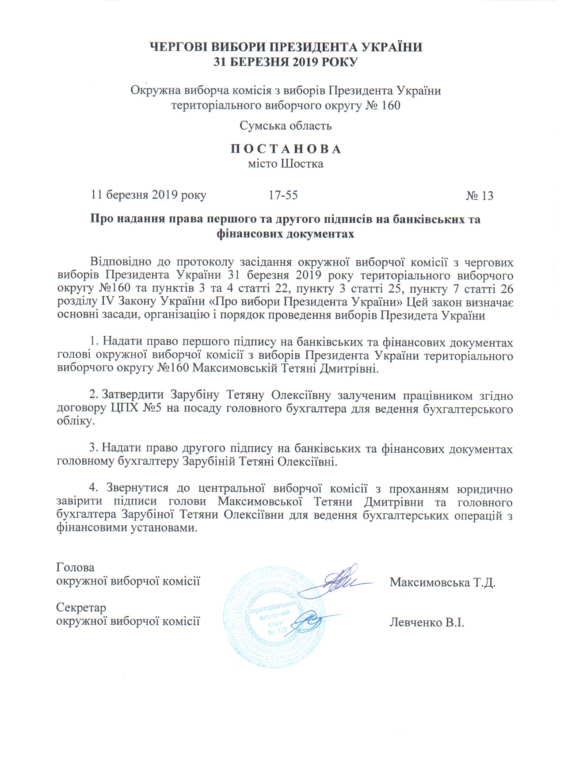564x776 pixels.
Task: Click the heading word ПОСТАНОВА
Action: pyautogui.click(x=286, y=149)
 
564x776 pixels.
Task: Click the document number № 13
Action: pyautogui.click(x=479, y=196)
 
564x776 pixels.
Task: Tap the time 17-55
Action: pyautogui.click(x=283, y=195)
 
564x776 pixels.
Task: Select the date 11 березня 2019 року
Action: pyautogui.click(x=149, y=195)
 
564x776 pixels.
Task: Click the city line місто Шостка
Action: pyautogui.click(x=286, y=164)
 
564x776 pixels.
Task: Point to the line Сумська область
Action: pyautogui.click(x=286, y=126)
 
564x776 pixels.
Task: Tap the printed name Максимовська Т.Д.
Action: pyautogui.click(x=442, y=582)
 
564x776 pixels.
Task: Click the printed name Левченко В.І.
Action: pyautogui.click(x=427, y=623)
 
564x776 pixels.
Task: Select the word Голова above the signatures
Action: pyautogui.click(x=75, y=567)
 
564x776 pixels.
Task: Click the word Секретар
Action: pyautogui.click(x=81, y=608)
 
